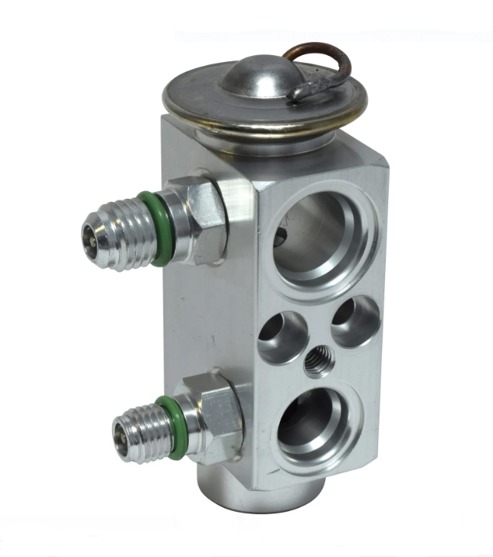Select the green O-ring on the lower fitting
tap(173, 426)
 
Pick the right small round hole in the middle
tap(354, 320)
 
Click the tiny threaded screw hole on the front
tap(318, 362)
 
